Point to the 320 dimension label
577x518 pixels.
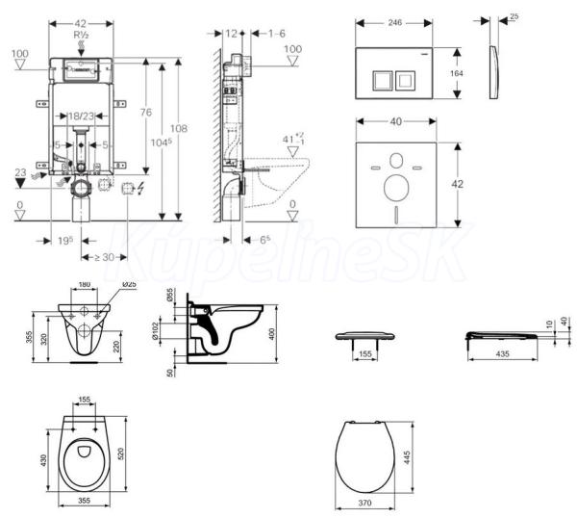click(46, 338)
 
